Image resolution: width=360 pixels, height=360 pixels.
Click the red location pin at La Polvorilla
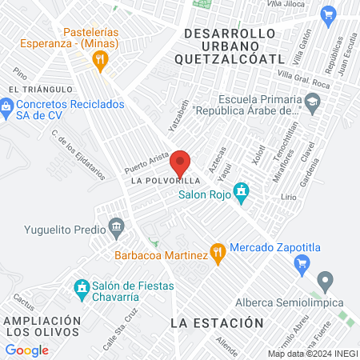click(181, 162)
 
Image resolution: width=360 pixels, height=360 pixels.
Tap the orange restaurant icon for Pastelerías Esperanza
click(100, 58)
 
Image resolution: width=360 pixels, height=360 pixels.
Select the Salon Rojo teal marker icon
click(244, 193)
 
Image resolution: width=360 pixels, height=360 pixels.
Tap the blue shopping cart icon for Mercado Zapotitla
click(302, 263)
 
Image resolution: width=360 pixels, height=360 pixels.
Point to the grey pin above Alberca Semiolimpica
click(324, 282)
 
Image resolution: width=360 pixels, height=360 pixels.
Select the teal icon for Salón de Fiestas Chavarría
click(81, 286)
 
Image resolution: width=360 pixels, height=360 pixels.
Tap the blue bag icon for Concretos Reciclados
click(6, 105)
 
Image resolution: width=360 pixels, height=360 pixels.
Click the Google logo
click(26, 350)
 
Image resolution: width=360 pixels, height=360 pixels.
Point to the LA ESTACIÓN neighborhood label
click(217, 322)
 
